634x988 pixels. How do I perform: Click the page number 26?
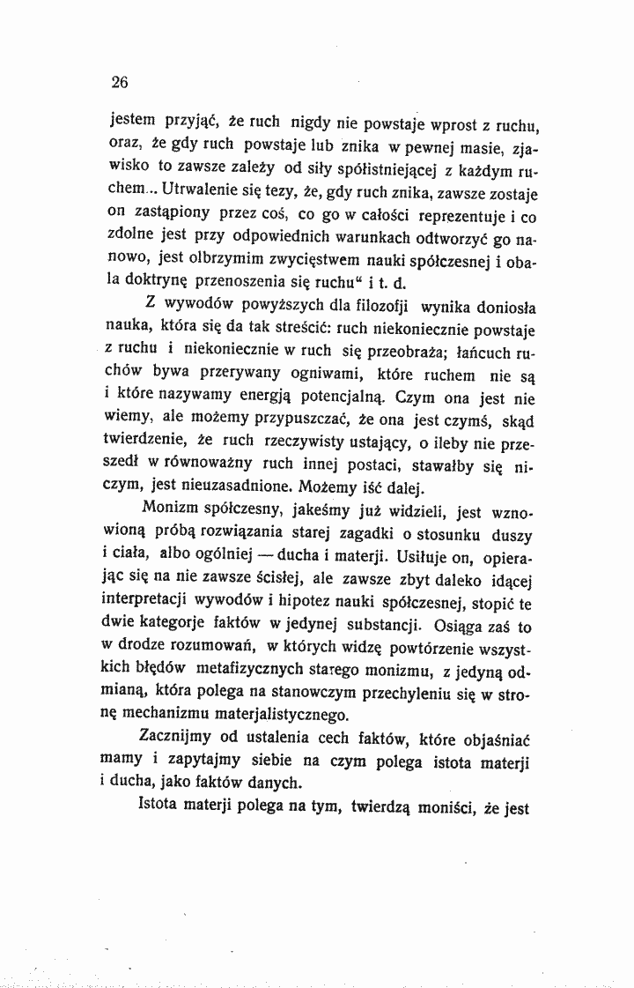click(x=120, y=83)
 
